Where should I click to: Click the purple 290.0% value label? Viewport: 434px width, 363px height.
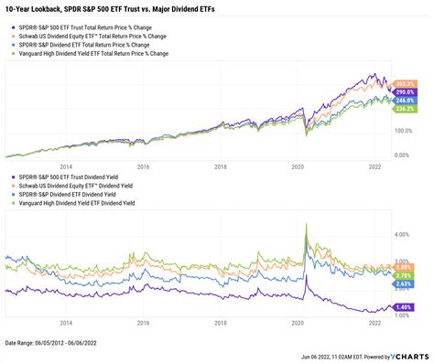404,93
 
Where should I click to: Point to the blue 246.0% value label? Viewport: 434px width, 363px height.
404,101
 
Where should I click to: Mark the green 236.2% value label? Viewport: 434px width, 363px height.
404,111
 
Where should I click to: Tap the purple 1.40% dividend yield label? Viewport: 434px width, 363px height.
404,308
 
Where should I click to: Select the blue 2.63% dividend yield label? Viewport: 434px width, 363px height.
404,283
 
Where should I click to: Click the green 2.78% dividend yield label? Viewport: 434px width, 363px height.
404,275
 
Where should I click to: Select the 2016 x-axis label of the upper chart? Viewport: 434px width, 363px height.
143,167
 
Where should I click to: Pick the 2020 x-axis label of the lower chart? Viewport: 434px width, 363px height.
297,324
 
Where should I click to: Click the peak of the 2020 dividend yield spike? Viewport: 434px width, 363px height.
305,222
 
